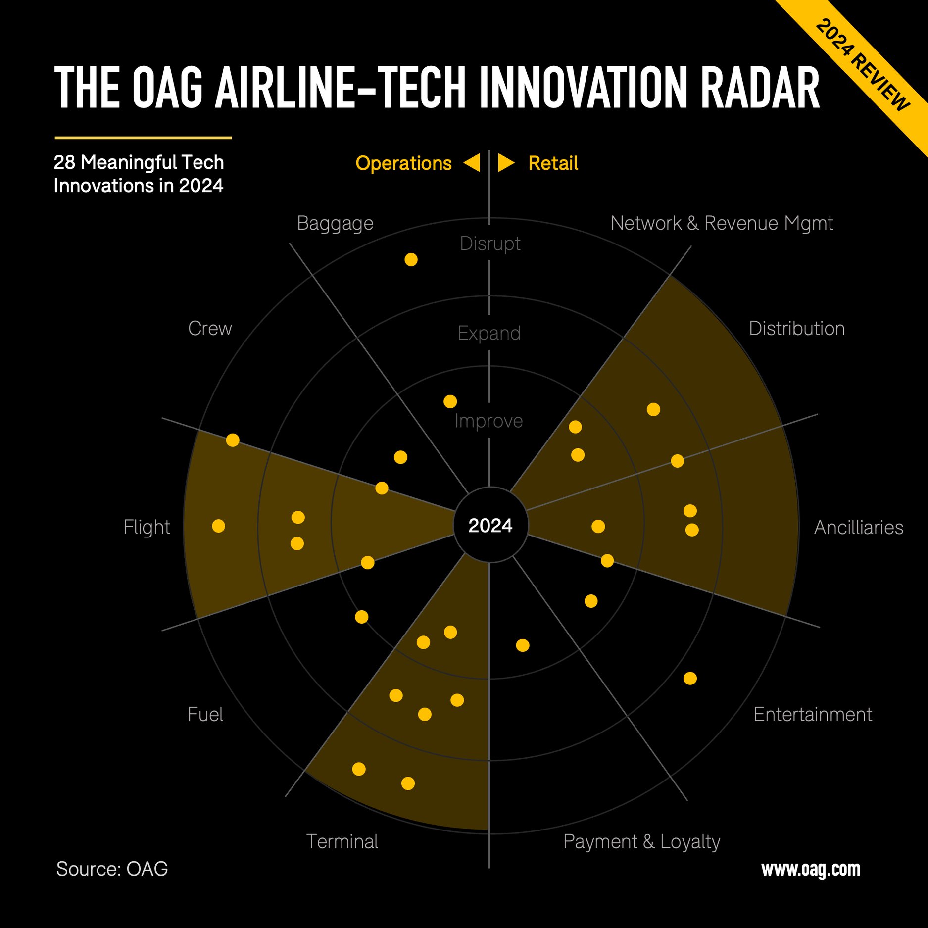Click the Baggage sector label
pos(335,223)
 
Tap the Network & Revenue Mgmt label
pos(721,223)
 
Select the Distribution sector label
pos(796,329)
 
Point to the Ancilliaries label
pos(858,528)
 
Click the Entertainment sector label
pos(812,715)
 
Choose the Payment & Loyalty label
pos(641,842)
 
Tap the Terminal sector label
pos(342,842)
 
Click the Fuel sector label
pos(205,715)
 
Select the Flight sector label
pos(147,527)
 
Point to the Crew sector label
pos(210,329)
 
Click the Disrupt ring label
pos(489,244)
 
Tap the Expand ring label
pos(489,333)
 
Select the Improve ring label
pos(488,421)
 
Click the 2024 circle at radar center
pos(490,525)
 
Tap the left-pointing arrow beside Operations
pos(472,163)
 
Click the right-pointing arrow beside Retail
pos(505,163)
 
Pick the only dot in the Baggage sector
pos(411,259)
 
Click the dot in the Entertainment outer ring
pos(690,678)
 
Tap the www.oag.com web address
pos(810,869)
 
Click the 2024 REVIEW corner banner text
pos(862,64)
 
